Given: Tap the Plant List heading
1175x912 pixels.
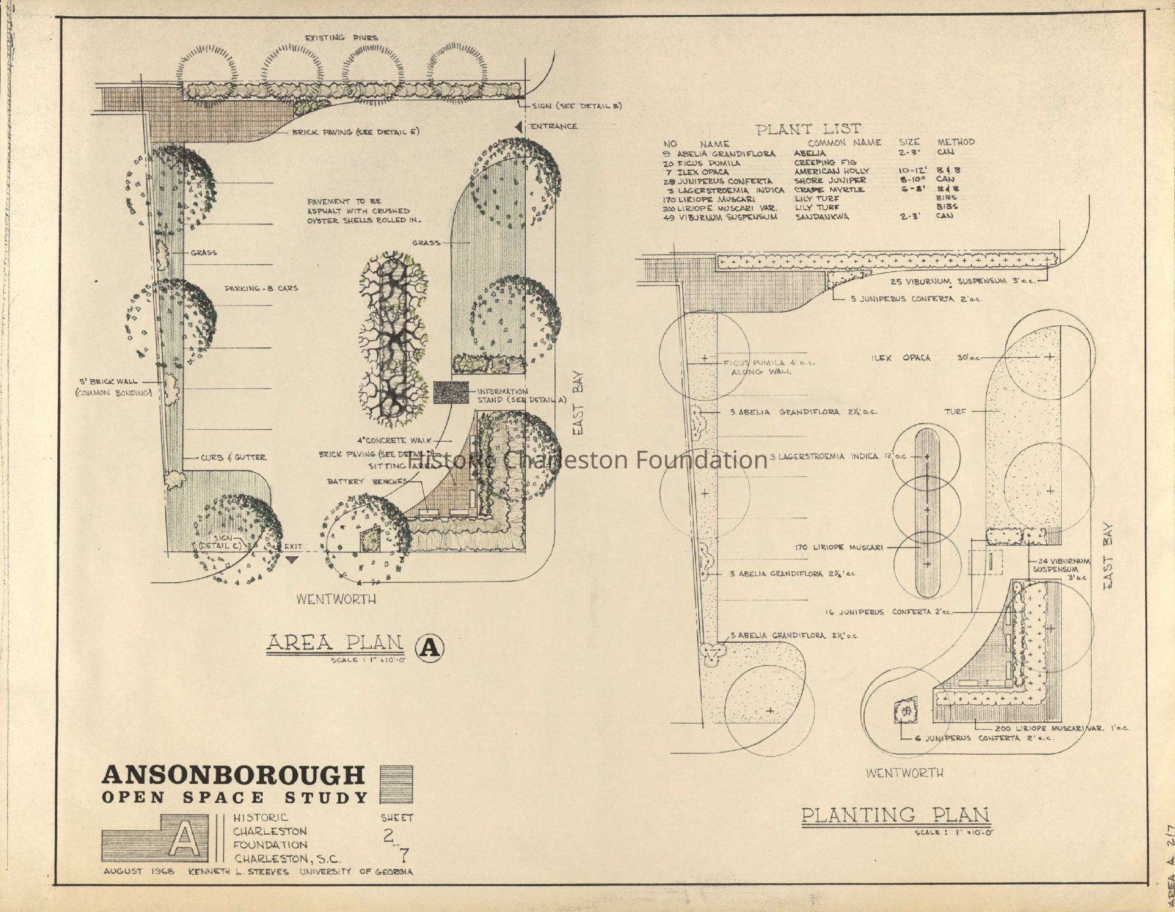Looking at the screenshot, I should pos(808,129).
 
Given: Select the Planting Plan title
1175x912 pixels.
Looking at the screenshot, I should pos(895,814).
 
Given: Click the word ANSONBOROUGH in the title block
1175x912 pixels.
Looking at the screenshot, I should pos(234,775).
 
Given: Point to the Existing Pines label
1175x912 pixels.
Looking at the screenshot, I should pos(341,38).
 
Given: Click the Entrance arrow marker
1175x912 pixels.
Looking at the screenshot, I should pos(519,127).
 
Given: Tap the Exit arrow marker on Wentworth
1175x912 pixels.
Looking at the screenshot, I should pos(291,558).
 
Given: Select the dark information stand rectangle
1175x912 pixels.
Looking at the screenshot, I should pos(452,392).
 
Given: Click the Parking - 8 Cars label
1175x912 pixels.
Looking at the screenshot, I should pos(261,288).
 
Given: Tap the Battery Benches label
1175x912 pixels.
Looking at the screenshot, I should pos(367,481).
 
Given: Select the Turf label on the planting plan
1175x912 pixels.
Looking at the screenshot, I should pos(955,411).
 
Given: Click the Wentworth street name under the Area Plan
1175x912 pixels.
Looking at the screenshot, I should pos(336,598).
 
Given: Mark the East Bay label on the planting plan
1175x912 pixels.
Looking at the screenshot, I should pos(1108,557).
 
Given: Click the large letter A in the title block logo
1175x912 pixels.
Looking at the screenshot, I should pos(184,838).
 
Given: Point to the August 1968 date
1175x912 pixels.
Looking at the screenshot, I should pos(139,872).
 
